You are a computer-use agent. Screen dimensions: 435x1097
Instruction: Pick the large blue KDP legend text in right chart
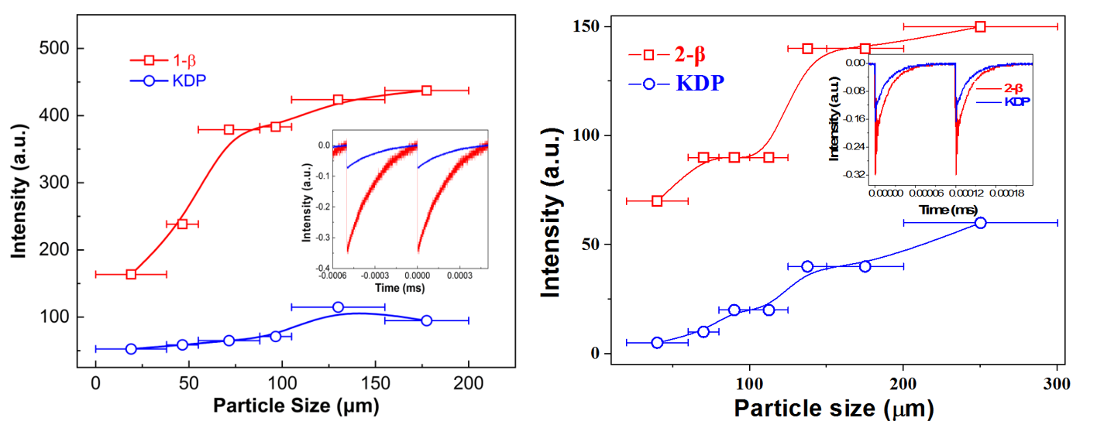[x=700, y=83]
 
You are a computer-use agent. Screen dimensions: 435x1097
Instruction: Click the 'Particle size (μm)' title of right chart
[x=834, y=408]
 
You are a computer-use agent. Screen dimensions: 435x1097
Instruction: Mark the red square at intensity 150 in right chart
[x=980, y=26]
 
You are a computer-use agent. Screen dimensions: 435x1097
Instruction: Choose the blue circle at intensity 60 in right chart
[x=980, y=223]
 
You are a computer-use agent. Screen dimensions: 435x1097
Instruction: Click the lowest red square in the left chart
[x=131, y=274]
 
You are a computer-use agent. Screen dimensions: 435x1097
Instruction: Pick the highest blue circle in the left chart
[x=338, y=307]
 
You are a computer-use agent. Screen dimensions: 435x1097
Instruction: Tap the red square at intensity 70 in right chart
[x=657, y=201]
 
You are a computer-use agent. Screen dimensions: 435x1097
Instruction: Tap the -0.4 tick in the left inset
[x=318, y=268]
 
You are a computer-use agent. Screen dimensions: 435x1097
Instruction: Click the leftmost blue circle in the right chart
[x=657, y=343]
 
